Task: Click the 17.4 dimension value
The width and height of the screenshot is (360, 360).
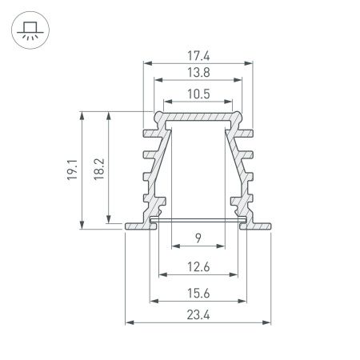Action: (x=198, y=56)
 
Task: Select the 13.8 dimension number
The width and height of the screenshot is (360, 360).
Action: (x=198, y=73)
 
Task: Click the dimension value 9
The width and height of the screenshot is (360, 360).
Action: (x=198, y=237)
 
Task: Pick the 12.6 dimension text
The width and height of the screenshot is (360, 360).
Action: (x=198, y=266)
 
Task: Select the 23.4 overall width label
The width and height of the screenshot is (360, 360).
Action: (x=198, y=315)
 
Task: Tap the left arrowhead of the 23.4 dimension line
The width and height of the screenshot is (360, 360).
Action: (x=130, y=323)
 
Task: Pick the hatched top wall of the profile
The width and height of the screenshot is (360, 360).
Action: (x=198, y=118)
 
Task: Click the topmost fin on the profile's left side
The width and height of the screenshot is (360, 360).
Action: (x=150, y=130)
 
